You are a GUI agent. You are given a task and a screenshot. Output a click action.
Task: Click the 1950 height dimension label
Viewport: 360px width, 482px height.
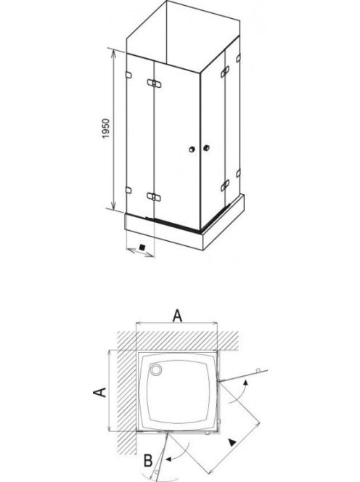coord(106,128)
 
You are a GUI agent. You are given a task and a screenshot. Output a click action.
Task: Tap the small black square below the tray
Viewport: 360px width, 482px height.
coord(142,247)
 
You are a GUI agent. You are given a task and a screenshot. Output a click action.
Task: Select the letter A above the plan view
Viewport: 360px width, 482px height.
coord(177,316)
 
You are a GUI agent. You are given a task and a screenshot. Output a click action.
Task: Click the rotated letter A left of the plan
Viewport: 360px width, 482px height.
coord(99,392)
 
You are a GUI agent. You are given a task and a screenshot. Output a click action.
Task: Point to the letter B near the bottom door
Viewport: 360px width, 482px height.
coord(148,460)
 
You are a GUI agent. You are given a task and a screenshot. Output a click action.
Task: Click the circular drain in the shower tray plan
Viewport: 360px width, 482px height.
coord(156,369)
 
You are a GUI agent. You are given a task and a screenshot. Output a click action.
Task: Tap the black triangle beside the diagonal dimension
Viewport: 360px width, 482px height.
coord(232,443)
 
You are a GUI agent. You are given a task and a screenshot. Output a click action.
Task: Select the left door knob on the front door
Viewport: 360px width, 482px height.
coord(192,150)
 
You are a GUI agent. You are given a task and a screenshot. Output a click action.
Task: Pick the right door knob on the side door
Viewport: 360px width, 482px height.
coord(206,148)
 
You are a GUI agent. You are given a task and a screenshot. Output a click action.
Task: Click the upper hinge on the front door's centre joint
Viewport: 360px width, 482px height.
coord(154,83)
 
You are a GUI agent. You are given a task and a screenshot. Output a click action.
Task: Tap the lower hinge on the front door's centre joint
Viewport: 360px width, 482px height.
coord(154,197)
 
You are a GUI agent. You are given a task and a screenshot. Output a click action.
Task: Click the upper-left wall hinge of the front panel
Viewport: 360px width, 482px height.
coord(128,75)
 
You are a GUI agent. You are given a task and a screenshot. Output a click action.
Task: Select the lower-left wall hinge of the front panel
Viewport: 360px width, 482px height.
coord(128,190)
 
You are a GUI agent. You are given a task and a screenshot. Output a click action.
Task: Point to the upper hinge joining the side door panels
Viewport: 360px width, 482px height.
coord(225,72)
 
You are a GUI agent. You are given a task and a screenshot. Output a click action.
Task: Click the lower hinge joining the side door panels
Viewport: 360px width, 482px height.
coord(225,185)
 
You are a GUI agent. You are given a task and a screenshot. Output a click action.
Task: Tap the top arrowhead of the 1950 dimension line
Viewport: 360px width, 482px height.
coord(113,52)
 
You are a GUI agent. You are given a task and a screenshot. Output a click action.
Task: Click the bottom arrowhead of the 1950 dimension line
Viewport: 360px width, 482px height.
coord(113,206)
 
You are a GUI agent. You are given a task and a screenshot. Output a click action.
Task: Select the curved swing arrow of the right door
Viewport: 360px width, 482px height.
coord(238,392)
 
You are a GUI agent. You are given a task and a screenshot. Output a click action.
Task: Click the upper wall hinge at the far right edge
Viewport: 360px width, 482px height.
coord(238,58)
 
